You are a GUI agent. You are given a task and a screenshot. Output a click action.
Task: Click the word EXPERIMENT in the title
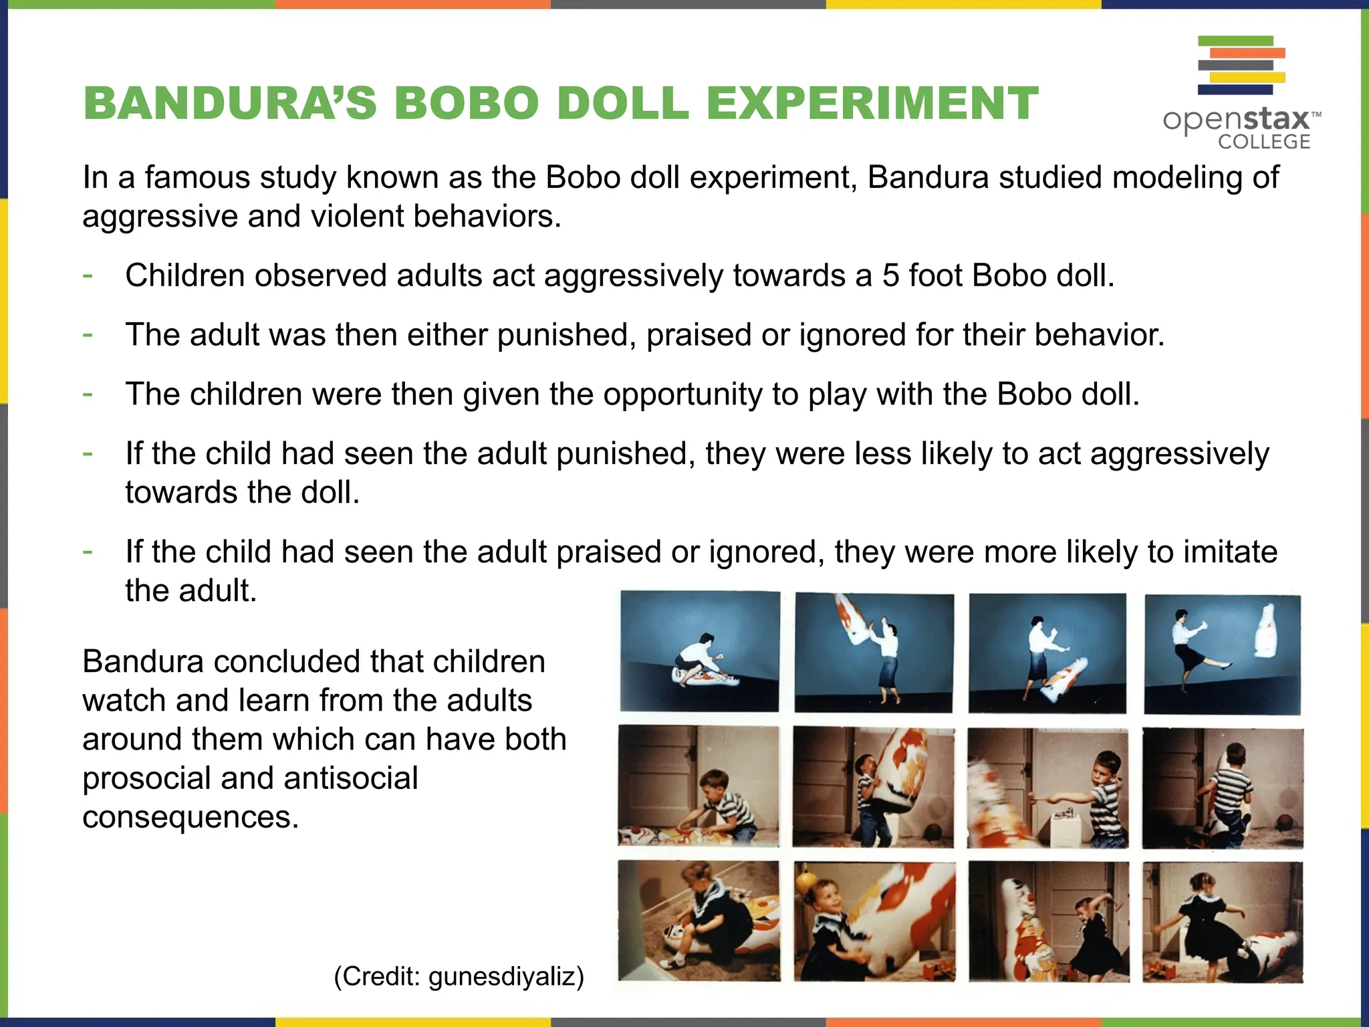pyautogui.click(x=872, y=104)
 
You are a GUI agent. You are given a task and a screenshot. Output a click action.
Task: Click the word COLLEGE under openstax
pyautogui.click(x=1263, y=142)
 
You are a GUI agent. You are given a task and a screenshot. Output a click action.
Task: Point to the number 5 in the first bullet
pyautogui.click(x=890, y=275)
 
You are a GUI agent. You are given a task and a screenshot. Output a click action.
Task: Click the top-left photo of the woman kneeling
pyautogui.click(x=699, y=651)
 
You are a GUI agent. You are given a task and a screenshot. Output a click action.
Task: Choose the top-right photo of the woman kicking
pyautogui.click(x=1222, y=654)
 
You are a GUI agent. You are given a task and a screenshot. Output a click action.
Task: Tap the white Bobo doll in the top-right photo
pyautogui.click(x=1267, y=630)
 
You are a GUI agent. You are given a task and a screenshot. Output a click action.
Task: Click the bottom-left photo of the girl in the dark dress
pyautogui.click(x=699, y=921)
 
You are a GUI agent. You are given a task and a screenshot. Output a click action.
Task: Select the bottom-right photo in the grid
pyautogui.click(x=1223, y=922)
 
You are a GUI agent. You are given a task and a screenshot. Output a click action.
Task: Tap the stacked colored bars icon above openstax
pyautogui.click(x=1241, y=64)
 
